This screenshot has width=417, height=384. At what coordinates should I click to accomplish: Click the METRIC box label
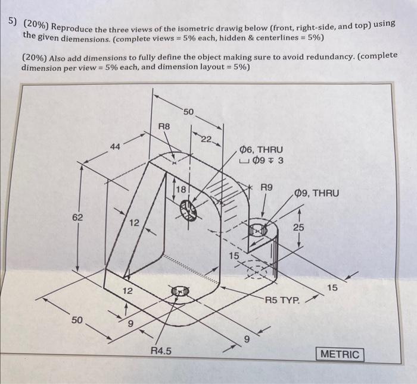341,354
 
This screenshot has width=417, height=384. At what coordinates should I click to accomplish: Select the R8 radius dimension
164,127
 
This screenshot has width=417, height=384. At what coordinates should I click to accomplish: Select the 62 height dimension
78,218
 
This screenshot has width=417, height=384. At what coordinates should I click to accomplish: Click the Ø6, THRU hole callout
261,150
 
